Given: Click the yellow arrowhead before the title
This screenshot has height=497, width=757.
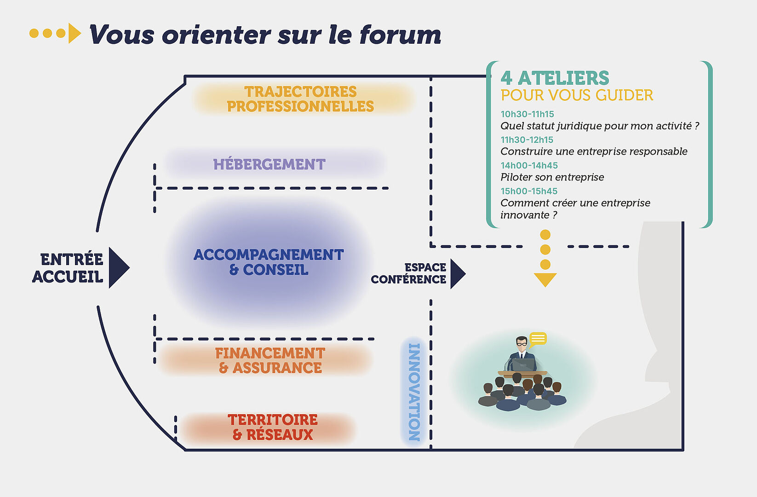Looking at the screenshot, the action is coord(75,33).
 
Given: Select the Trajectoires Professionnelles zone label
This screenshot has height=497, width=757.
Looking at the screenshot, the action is coord(300,99).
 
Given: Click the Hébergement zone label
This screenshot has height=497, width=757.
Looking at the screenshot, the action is coord(270,164).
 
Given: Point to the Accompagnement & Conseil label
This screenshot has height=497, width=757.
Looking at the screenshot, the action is coord(269,262).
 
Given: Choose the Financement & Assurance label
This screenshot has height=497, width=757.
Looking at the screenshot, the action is coord(270,360).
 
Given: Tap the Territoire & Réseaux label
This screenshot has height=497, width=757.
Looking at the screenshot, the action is coord(273,427).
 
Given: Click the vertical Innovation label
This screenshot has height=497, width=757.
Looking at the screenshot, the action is coord(414,392).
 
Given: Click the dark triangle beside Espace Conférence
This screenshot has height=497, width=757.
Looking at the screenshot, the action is coord(458,273).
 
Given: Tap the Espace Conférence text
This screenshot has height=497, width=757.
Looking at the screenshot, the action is coord(408,273).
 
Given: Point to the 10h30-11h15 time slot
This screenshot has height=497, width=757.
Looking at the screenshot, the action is coord(527,114).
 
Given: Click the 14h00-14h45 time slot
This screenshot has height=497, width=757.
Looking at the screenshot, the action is coord(529,165).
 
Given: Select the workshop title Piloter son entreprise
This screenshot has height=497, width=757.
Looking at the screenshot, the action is coord(552,177).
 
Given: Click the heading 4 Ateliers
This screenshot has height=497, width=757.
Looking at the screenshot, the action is coord(555,78).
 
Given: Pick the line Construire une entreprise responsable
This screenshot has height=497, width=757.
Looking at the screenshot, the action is coord(594,151).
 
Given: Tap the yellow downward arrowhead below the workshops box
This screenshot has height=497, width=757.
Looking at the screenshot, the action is coord(545,280).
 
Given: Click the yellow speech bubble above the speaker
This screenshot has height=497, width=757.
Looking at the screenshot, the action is coord(538,339).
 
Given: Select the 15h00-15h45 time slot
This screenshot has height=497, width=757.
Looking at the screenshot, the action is coord(529,191).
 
